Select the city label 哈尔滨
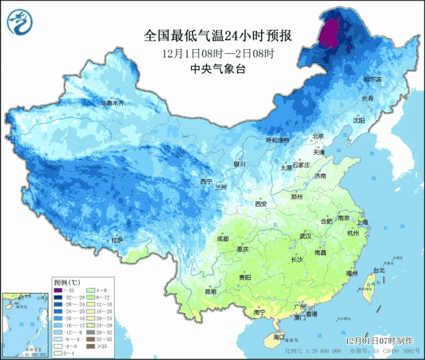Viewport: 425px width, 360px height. tap(372, 79)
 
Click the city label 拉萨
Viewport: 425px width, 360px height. tap(118, 240)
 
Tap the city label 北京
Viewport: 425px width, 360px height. tap(318, 136)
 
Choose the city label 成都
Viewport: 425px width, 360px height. tap(222, 238)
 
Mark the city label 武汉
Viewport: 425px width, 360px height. tap(305, 236)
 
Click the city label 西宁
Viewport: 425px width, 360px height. tap(206, 181)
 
